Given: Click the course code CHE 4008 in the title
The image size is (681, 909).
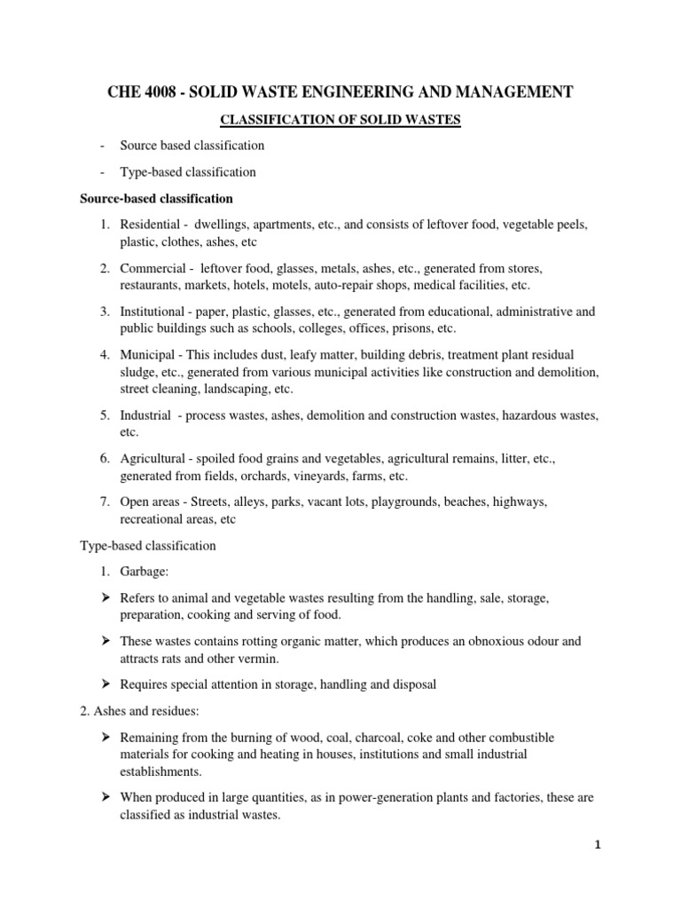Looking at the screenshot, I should (150, 91).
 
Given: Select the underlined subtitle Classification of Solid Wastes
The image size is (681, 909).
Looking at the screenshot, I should (340, 119).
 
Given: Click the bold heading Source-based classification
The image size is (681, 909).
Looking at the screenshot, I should (157, 198).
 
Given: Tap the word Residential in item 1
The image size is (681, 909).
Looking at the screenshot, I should (152, 225).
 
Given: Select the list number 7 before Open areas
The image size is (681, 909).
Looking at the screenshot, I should (104, 502).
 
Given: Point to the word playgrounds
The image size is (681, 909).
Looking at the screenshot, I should (406, 502).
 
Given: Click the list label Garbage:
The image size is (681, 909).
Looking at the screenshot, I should (144, 573).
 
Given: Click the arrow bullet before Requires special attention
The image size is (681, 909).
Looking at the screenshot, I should (104, 684).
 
